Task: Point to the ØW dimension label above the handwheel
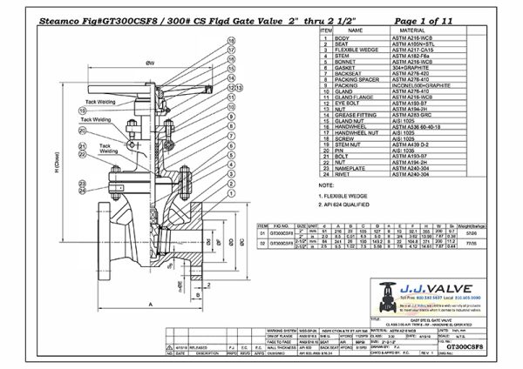coord(150,63)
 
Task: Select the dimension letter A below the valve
coord(152,328)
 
